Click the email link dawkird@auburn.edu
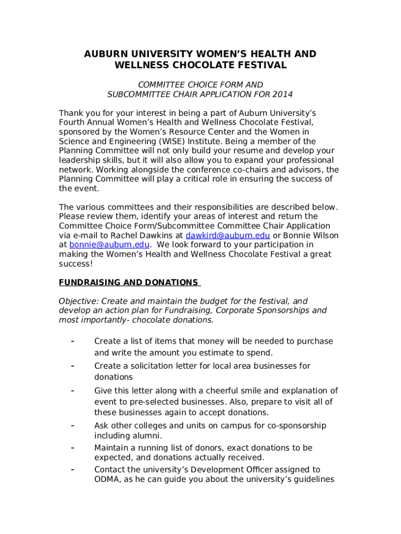(x=228, y=235)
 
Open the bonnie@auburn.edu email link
(x=110, y=245)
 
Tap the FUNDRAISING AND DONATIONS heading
(x=129, y=282)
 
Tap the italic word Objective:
(x=79, y=301)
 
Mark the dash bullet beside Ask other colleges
(x=73, y=426)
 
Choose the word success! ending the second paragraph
(x=76, y=263)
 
